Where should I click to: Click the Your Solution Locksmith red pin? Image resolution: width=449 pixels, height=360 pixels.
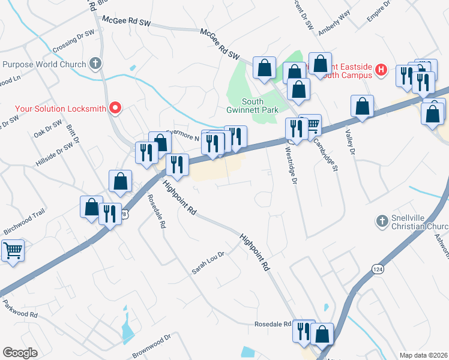coord(115,109)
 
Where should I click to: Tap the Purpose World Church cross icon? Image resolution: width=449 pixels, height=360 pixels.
coord(95,64)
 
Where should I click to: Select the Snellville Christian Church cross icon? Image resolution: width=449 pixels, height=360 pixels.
coord(381,221)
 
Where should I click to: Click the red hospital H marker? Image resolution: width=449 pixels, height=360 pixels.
coord(380,70)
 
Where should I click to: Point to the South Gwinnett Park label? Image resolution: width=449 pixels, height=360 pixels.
coord(244,106)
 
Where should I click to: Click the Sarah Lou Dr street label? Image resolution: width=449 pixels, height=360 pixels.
coord(208,262)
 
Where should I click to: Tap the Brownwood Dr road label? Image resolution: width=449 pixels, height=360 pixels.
coord(151,346)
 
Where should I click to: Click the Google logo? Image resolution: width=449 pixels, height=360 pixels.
coord(21,352)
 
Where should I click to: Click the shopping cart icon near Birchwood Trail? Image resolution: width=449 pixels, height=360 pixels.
coord(13,250)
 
